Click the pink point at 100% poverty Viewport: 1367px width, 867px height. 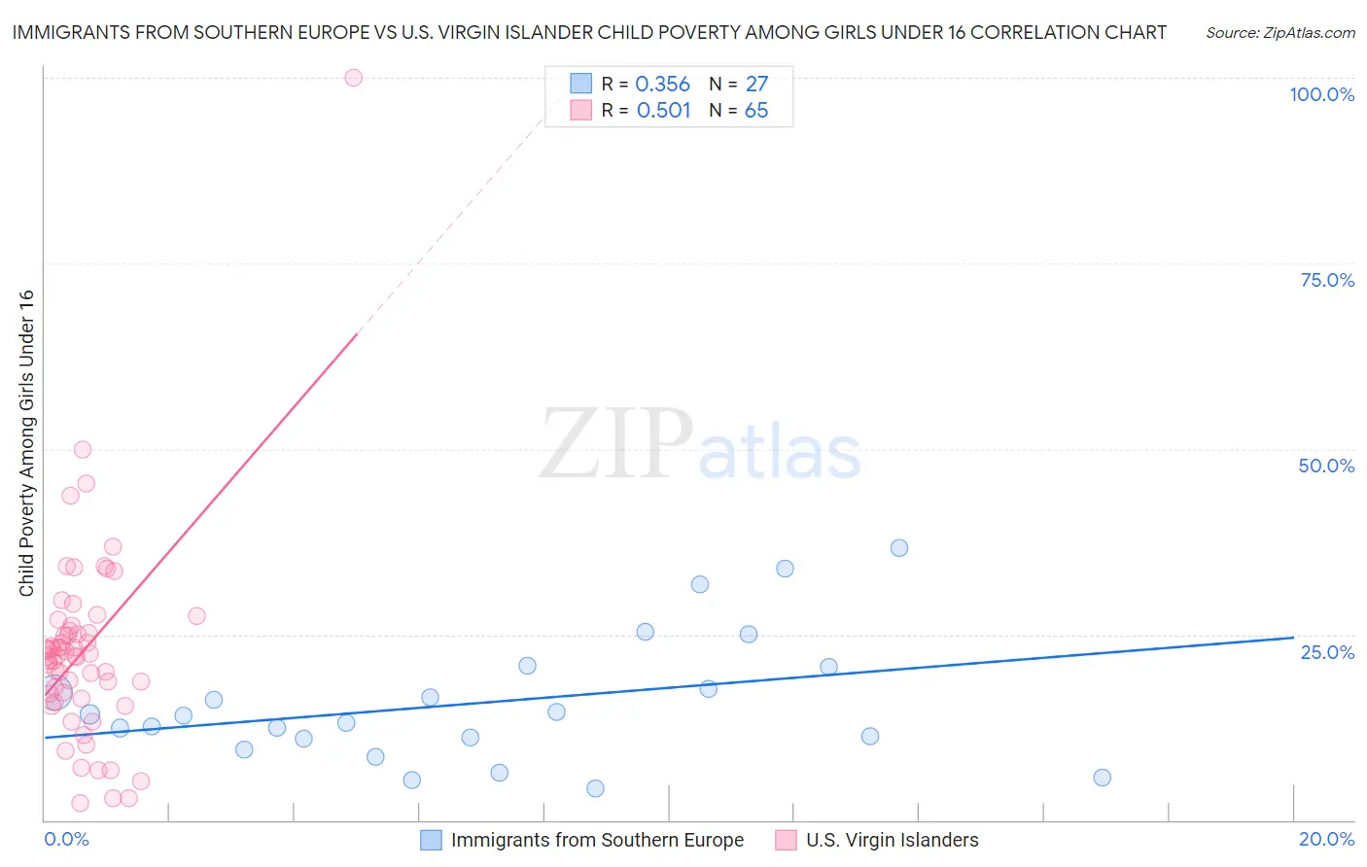tap(354, 78)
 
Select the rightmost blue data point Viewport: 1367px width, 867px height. tap(1102, 778)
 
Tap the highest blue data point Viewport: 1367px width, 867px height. tap(899, 548)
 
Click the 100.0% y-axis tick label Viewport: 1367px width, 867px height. tap(1321, 94)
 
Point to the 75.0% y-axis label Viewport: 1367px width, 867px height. tap(1327, 280)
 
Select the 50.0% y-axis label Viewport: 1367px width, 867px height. tap(1326, 466)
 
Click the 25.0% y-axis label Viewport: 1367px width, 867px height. tap(1327, 652)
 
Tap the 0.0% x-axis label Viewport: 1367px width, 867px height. tap(66, 839)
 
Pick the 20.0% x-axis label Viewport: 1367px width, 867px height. tap(1326, 839)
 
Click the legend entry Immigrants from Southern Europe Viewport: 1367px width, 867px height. tap(597, 840)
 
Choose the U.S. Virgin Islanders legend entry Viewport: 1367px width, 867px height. tap(892, 840)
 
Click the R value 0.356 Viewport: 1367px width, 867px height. tap(662, 85)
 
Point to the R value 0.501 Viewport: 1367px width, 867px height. tap(663, 111)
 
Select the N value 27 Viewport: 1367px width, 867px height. tap(756, 85)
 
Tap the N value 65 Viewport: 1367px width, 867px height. tap(756, 111)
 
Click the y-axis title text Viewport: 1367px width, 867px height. tap(26, 443)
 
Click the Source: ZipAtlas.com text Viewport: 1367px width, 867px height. tap(1280, 33)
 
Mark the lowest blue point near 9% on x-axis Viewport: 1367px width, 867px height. tap(596, 788)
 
